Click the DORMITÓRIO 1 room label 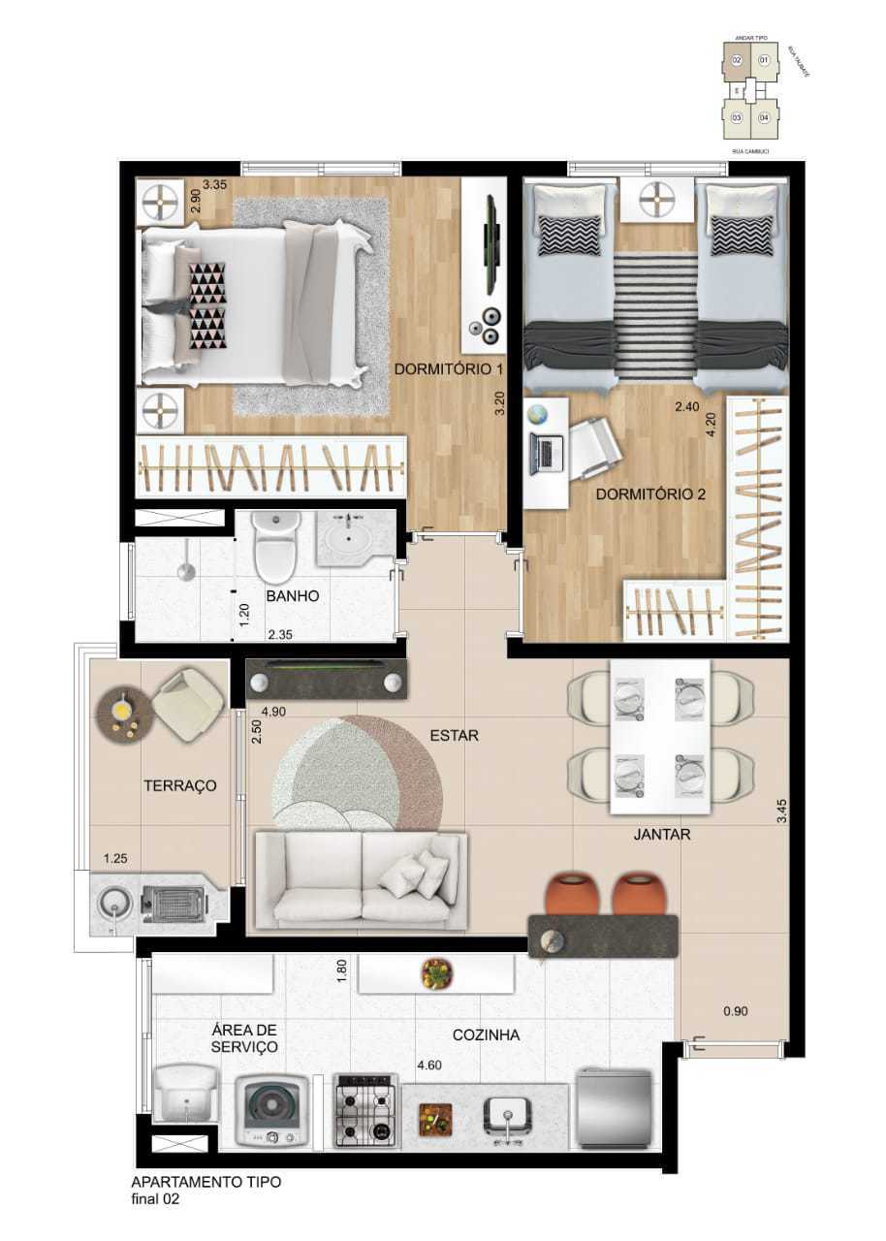pos(449,368)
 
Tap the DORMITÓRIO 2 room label pos(650,493)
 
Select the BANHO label pos(293,596)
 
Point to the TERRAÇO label pos(179,785)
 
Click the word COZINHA pos(485,1035)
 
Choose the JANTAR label pos(662,832)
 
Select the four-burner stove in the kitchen pos(366,1109)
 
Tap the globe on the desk pos(538,416)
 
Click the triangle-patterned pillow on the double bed pos(206,304)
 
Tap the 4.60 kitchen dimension pos(431,1066)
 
